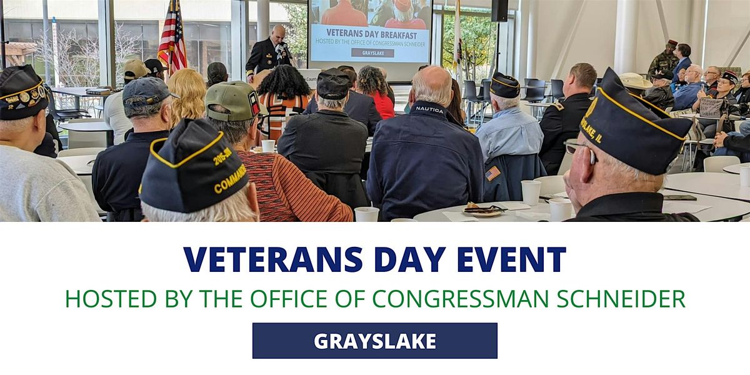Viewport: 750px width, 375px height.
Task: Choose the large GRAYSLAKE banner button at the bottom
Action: coord(374,341)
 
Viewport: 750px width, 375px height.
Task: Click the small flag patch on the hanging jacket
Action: coord(493,173)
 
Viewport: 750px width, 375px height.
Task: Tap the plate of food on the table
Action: coord(483,210)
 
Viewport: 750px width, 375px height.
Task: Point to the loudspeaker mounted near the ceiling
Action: coord(499,11)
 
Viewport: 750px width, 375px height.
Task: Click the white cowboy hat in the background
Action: coord(636,81)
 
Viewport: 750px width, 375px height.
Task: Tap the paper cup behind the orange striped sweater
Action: coord(268,146)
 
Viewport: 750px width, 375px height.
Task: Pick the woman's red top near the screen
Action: coord(383,104)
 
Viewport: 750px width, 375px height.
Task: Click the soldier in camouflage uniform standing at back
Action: coord(662,59)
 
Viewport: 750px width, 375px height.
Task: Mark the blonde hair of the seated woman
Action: coord(186,94)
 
